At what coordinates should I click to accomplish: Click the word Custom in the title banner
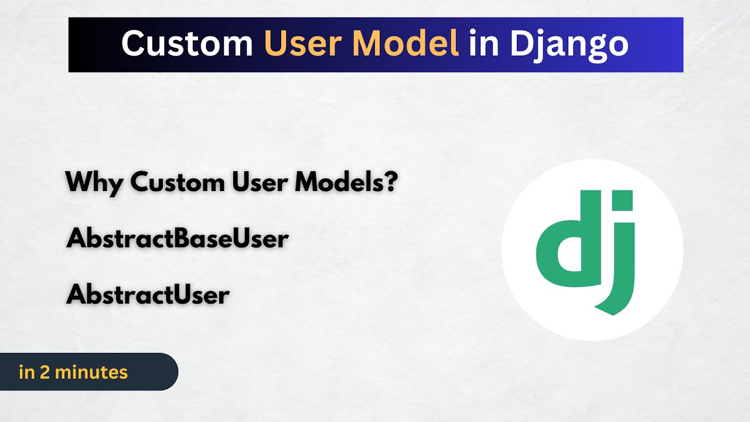pos(186,43)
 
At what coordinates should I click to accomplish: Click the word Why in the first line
pos(94,183)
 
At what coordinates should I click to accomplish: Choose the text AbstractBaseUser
pos(178,239)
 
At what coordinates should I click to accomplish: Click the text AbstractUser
pos(148,295)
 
